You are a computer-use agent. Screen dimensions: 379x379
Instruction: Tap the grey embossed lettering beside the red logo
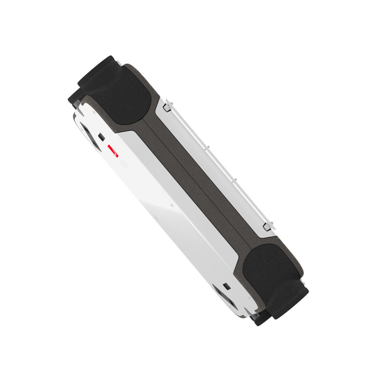coord(123,165)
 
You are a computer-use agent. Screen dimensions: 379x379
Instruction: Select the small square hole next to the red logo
coord(102,136)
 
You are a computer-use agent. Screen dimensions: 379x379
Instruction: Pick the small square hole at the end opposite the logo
coord(227,286)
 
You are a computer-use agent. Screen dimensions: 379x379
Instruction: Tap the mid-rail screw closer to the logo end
coord(207,146)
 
